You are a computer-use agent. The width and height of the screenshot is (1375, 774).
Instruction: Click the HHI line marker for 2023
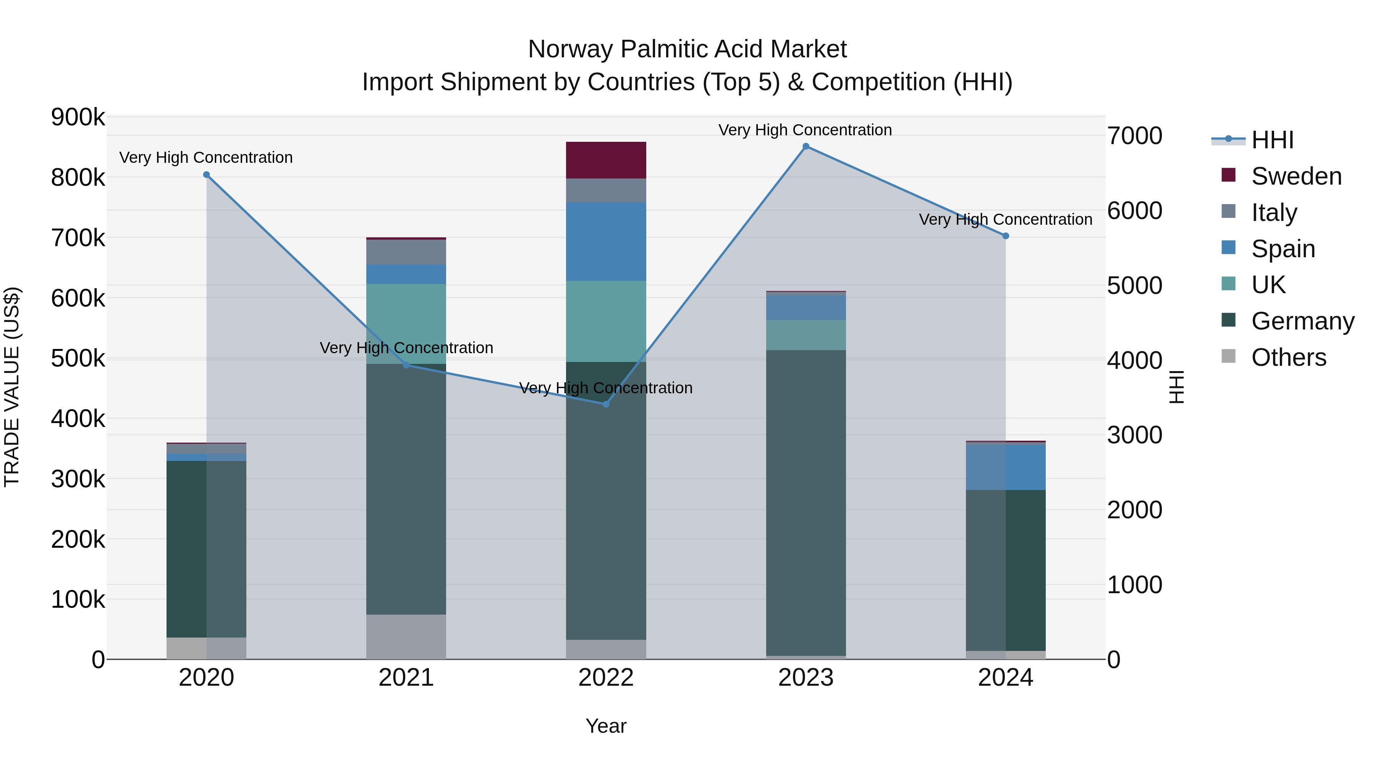coord(806,146)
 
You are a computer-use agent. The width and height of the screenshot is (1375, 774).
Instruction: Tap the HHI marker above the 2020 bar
coord(207,175)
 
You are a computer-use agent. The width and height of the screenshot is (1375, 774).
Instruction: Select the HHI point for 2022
coord(606,404)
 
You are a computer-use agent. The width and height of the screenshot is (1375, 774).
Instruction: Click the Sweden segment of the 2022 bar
coord(606,160)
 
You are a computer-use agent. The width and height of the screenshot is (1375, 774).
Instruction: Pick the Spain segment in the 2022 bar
coord(606,242)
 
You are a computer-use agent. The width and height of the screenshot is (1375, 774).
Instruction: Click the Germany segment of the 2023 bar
coord(806,502)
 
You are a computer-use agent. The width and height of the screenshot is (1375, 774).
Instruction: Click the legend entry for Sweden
coord(1296,176)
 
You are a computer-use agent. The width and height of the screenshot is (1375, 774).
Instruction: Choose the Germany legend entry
coord(1302,321)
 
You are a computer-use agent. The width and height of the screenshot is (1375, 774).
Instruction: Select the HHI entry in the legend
coord(1272,140)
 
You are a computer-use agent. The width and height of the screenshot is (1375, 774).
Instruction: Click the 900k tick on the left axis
coord(78,117)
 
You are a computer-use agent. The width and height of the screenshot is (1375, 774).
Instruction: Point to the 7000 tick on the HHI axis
coord(1134,136)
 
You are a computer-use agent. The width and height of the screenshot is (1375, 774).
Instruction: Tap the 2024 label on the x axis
coord(1005,677)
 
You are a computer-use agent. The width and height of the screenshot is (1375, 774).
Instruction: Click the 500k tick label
coord(78,359)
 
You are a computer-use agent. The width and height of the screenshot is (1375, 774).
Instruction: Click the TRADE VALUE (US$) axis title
coord(12,387)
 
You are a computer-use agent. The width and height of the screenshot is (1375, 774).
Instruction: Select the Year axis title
coord(606,726)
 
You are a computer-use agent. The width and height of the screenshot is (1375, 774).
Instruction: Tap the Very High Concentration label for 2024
coord(1005,219)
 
